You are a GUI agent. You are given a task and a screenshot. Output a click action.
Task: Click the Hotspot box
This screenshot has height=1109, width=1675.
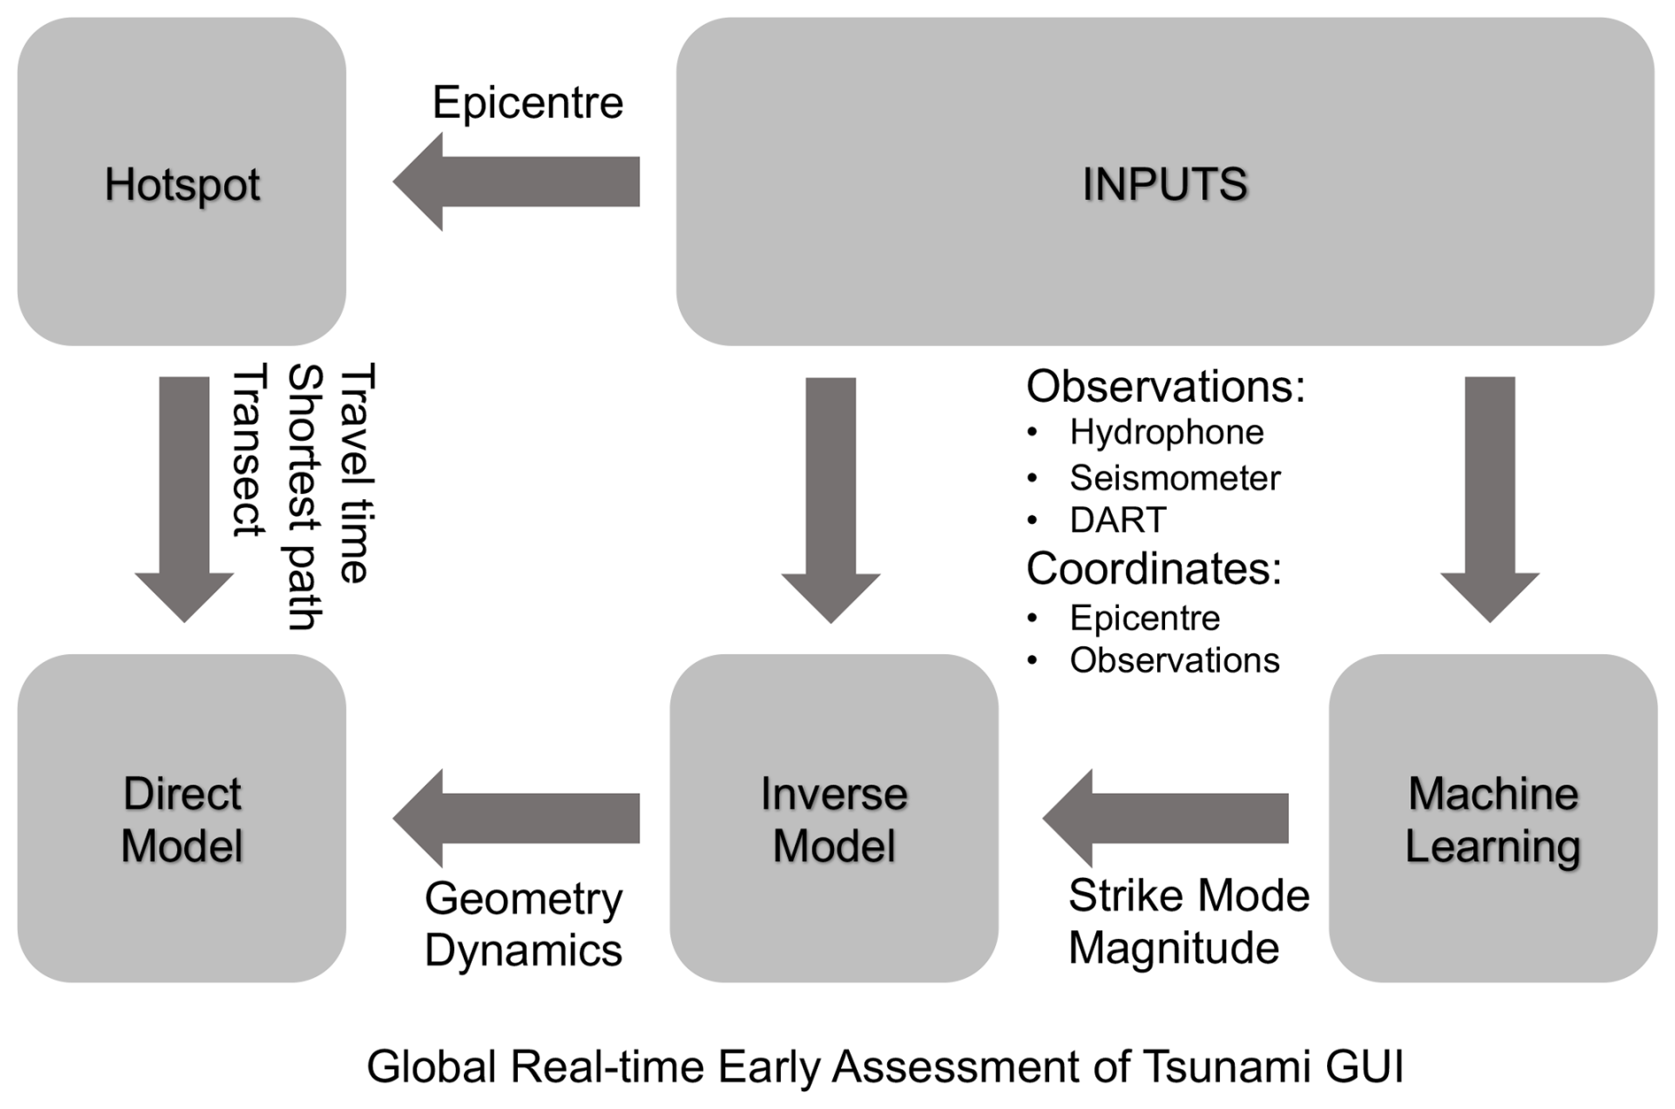pyautogui.click(x=181, y=182)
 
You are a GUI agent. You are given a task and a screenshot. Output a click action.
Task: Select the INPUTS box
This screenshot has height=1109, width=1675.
pyautogui.click(x=1164, y=182)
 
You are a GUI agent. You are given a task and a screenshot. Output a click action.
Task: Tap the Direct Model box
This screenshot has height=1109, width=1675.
pyautogui.click(x=181, y=819)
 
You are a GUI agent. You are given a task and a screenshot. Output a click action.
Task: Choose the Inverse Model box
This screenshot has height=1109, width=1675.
pyautogui.click(x=833, y=819)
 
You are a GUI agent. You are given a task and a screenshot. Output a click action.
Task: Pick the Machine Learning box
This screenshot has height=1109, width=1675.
pyautogui.click(x=1493, y=819)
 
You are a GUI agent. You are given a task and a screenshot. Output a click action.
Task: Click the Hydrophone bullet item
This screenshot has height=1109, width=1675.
pyautogui.click(x=1166, y=433)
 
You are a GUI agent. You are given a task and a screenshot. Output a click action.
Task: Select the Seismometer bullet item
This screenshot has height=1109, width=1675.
pyautogui.click(x=1174, y=479)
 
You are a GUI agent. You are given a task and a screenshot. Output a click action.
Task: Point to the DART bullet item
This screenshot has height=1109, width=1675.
pyautogui.click(x=1117, y=520)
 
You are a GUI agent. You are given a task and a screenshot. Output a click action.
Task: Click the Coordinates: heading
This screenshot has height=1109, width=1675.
pyautogui.click(x=1154, y=568)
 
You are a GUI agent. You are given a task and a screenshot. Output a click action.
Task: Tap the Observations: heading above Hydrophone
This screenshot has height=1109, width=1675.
pyautogui.click(x=1165, y=387)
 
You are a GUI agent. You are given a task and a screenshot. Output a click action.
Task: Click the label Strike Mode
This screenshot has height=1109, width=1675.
pyautogui.click(x=1188, y=896)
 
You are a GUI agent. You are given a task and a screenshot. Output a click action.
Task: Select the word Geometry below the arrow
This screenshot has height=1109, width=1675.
pyautogui.click(x=523, y=899)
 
